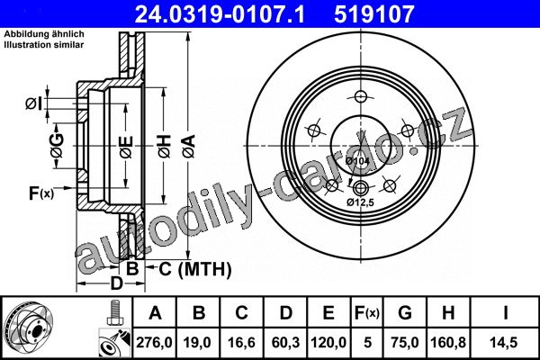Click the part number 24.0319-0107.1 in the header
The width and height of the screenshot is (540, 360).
point(220,14)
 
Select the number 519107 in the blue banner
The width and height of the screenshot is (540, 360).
point(373,14)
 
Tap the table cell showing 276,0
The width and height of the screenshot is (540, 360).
point(154,342)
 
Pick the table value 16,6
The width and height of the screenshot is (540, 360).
point(241,342)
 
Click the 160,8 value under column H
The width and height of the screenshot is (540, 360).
point(448,342)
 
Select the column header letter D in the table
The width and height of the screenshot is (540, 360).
point(285,313)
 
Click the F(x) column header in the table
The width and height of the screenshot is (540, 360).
point(367,313)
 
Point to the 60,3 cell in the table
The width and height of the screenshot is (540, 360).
point(285,342)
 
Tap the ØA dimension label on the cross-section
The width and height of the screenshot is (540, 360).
point(189,146)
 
